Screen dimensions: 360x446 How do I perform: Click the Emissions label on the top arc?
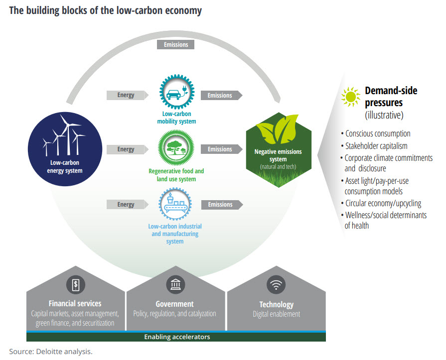point(175,44)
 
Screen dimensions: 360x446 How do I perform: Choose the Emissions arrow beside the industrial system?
point(221,205)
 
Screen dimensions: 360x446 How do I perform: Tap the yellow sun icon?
point(351,97)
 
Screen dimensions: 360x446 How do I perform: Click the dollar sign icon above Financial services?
point(75,285)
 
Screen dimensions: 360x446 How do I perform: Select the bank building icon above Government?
point(175,285)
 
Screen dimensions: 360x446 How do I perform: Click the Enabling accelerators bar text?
point(177,337)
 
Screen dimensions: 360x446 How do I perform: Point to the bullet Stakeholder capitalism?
point(377,146)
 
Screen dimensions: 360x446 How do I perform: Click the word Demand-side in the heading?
point(391,91)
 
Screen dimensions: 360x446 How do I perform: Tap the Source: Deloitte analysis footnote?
point(51,351)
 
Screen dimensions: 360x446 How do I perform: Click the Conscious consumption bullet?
point(378,133)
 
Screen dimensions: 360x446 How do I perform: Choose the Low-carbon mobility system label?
point(175,118)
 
